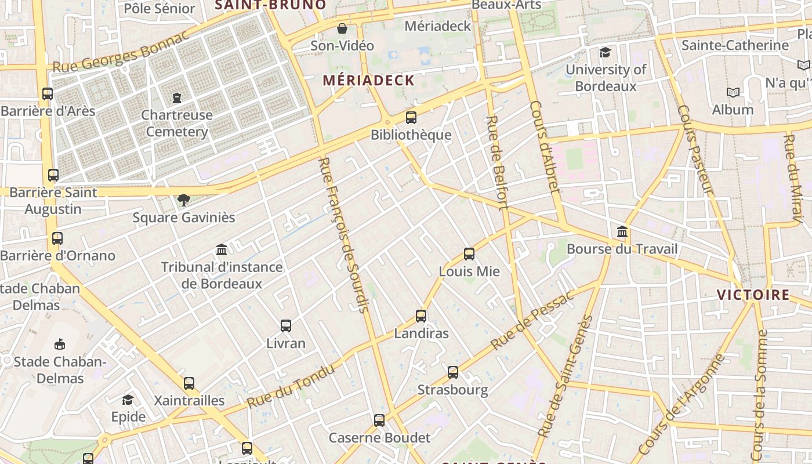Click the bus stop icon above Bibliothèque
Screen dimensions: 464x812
[x=411, y=118]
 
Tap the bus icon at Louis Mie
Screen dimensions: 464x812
[x=469, y=254]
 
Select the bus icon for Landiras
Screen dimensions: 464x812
[x=421, y=316]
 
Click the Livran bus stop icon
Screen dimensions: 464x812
[x=286, y=326]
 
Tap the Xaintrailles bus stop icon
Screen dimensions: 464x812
[x=189, y=383]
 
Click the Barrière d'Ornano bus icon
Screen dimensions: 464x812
[x=57, y=238]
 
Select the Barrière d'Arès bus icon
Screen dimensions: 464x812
[x=48, y=93]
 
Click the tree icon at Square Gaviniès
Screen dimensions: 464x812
[x=184, y=200]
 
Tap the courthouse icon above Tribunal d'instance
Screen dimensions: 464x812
[x=222, y=250]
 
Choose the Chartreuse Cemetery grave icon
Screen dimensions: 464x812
[x=177, y=97]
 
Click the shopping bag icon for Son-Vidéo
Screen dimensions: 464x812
[x=342, y=28]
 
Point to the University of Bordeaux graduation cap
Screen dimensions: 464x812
[x=606, y=53]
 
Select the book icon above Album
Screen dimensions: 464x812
[x=733, y=92]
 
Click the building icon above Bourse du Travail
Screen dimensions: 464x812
[x=622, y=233]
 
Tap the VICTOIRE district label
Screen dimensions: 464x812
[x=753, y=295]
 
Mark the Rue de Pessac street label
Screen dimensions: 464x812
[x=531, y=320]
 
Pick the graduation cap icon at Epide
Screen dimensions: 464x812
[x=128, y=400]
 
